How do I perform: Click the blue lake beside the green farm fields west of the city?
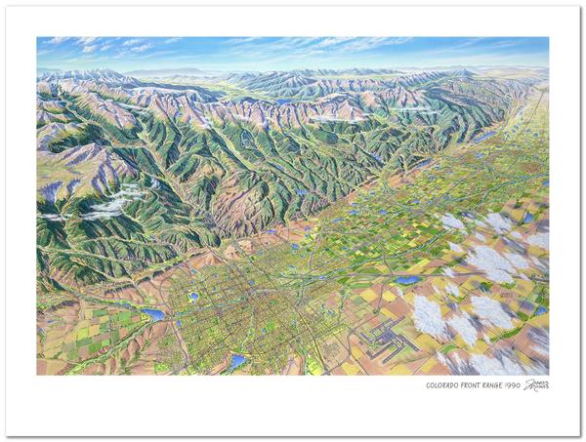153,315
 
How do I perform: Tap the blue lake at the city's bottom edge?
237,362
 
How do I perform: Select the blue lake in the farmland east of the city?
407,280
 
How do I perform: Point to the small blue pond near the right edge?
540,310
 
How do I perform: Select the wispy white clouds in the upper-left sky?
107,45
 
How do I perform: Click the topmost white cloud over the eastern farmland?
452,221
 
